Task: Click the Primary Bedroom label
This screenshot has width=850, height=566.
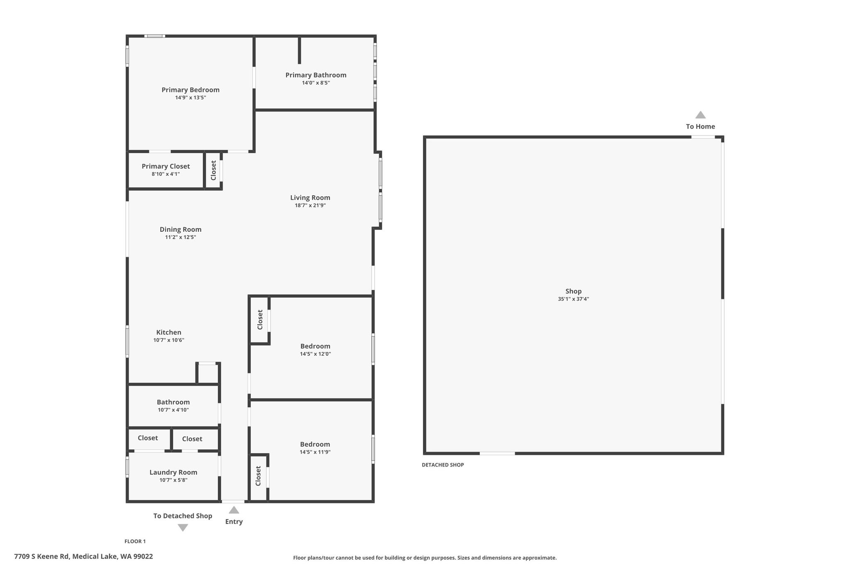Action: (x=191, y=90)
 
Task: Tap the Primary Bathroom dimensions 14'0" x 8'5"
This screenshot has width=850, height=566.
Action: (x=316, y=83)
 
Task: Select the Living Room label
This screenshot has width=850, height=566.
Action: (x=310, y=198)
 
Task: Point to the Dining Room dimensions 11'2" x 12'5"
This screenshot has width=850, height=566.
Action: (x=181, y=238)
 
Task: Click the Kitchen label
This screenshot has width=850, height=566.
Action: (x=169, y=332)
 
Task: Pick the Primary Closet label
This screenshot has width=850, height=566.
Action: (x=166, y=166)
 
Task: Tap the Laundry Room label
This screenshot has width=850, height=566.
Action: (x=173, y=472)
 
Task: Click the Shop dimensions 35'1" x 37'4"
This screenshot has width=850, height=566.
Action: (x=574, y=299)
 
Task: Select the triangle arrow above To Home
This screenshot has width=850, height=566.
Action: (x=701, y=115)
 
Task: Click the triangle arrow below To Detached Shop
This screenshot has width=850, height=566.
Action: (x=183, y=527)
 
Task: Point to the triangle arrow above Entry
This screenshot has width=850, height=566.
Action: (x=234, y=510)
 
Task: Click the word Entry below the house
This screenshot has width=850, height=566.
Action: (x=234, y=522)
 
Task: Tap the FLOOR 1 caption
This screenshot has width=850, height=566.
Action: (x=135, y=541)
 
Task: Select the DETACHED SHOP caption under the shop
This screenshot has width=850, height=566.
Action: (x=443, y=465)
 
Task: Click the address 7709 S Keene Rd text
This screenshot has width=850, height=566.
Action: (x=42, y=556)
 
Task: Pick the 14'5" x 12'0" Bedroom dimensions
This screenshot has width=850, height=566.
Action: (x=315, y=354)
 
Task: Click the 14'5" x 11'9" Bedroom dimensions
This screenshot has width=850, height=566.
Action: (x=315, y=452)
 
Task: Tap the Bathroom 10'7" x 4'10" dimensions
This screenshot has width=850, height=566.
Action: (x=173, y=410)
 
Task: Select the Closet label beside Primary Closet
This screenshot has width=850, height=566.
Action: (x=213, y=170)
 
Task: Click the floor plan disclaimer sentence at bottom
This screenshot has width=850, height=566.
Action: (x=425, y=558)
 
